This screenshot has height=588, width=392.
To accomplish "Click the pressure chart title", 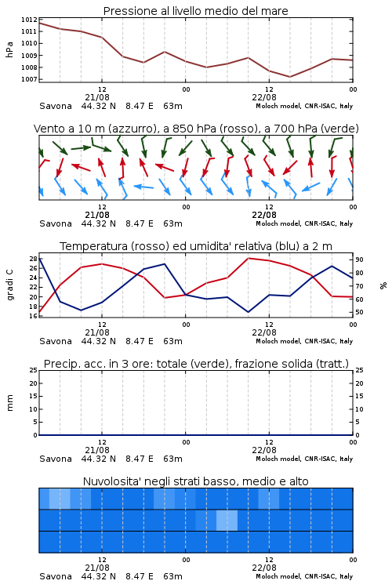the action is [195, 11].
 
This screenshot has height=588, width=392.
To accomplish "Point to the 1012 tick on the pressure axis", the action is [29, 20].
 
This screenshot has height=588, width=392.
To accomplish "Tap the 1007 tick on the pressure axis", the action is [29, 79].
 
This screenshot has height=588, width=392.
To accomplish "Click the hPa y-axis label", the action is [9, 49].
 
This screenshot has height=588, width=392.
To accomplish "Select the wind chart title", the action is [196, 129].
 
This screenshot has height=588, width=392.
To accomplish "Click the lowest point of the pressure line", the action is [290, 77].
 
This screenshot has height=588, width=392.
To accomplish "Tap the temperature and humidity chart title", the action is [196, 246].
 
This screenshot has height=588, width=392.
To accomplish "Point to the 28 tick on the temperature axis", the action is [33, 259].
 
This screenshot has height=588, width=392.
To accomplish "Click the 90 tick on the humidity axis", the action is [359, 260].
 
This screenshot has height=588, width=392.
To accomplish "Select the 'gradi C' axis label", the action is [9, 285].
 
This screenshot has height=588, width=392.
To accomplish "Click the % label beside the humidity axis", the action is [383, 285].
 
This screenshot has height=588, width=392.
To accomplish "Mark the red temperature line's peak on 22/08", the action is [248, 258].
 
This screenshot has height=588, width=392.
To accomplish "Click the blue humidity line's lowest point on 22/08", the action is [248, 312].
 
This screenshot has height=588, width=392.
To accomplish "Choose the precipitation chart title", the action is [196, 364].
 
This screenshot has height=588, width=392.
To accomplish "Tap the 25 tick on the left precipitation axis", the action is [33, 370].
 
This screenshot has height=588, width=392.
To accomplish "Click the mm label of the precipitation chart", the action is [9, 403].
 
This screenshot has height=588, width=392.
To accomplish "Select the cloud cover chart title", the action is [195, 481].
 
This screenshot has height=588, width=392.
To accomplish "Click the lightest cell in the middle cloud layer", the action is [227, 520].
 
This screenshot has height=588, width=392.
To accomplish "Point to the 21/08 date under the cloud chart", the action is [97, 568].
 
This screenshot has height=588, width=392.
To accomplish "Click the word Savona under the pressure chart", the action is [56, 106].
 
